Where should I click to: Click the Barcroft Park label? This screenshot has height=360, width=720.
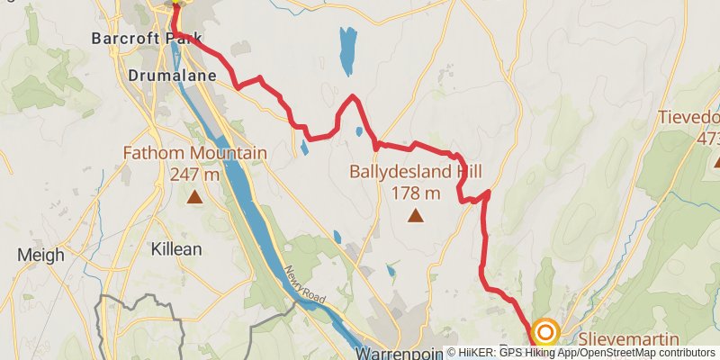135,39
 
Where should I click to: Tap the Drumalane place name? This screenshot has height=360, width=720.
172,76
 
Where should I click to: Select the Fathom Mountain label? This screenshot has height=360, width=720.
195,154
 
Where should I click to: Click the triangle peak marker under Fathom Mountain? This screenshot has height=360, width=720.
194,195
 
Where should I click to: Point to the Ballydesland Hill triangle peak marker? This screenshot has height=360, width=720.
415,215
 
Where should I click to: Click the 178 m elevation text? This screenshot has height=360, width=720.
416,192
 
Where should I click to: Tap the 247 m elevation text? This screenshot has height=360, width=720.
194,175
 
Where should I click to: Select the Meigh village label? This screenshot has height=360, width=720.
41,255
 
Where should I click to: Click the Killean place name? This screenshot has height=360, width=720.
176,249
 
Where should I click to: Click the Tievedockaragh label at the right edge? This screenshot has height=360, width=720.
689,118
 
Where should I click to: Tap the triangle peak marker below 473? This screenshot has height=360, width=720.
717,163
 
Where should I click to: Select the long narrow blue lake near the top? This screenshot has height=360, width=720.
347,52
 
